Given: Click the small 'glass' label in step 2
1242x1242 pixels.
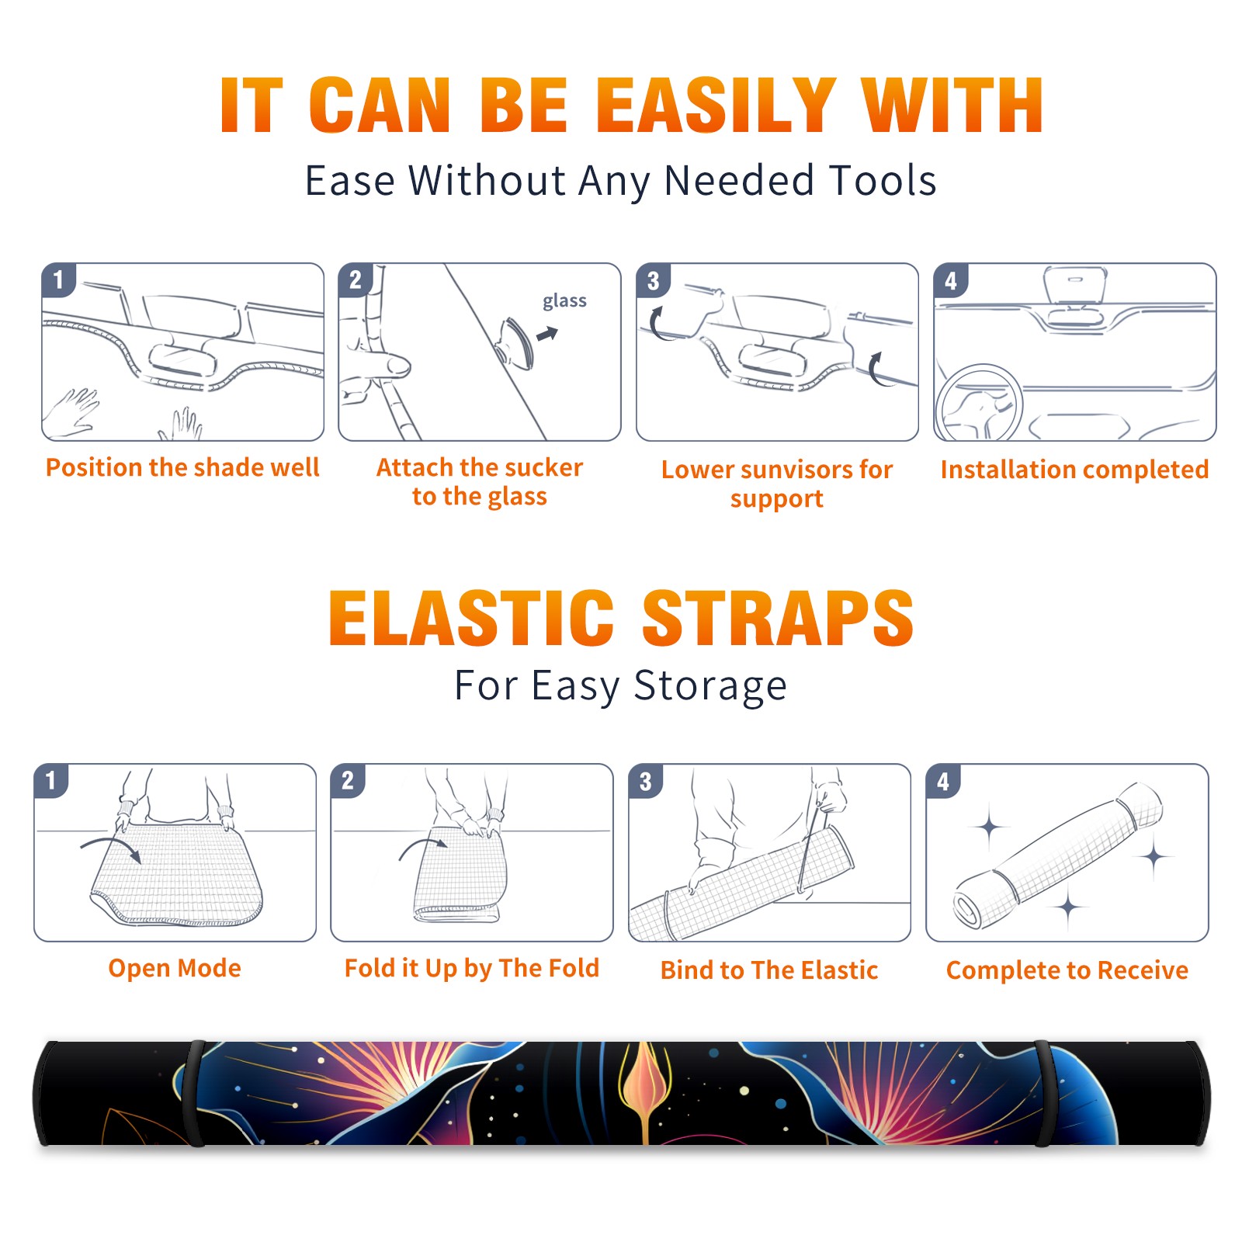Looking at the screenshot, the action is tap(564, 301).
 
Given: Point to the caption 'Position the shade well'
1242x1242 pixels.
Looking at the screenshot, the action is tap(182, 467).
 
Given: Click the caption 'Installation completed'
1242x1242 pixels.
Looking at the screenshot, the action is tap(1074, 469).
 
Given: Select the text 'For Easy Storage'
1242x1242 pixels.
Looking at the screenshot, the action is tap(621, 685).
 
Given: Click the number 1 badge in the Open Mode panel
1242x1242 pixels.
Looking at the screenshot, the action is tap(51, 780).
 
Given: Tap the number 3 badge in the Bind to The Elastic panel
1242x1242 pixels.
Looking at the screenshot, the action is tap(646, 781).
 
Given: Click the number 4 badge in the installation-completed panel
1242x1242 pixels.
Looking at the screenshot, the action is tap(951, 280).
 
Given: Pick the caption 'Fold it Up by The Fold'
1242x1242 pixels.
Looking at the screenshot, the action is tap(472, 968).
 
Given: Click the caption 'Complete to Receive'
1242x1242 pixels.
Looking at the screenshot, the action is tap(1067, 970).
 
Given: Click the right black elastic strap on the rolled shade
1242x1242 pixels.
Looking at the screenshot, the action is tap(1044, 1093).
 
